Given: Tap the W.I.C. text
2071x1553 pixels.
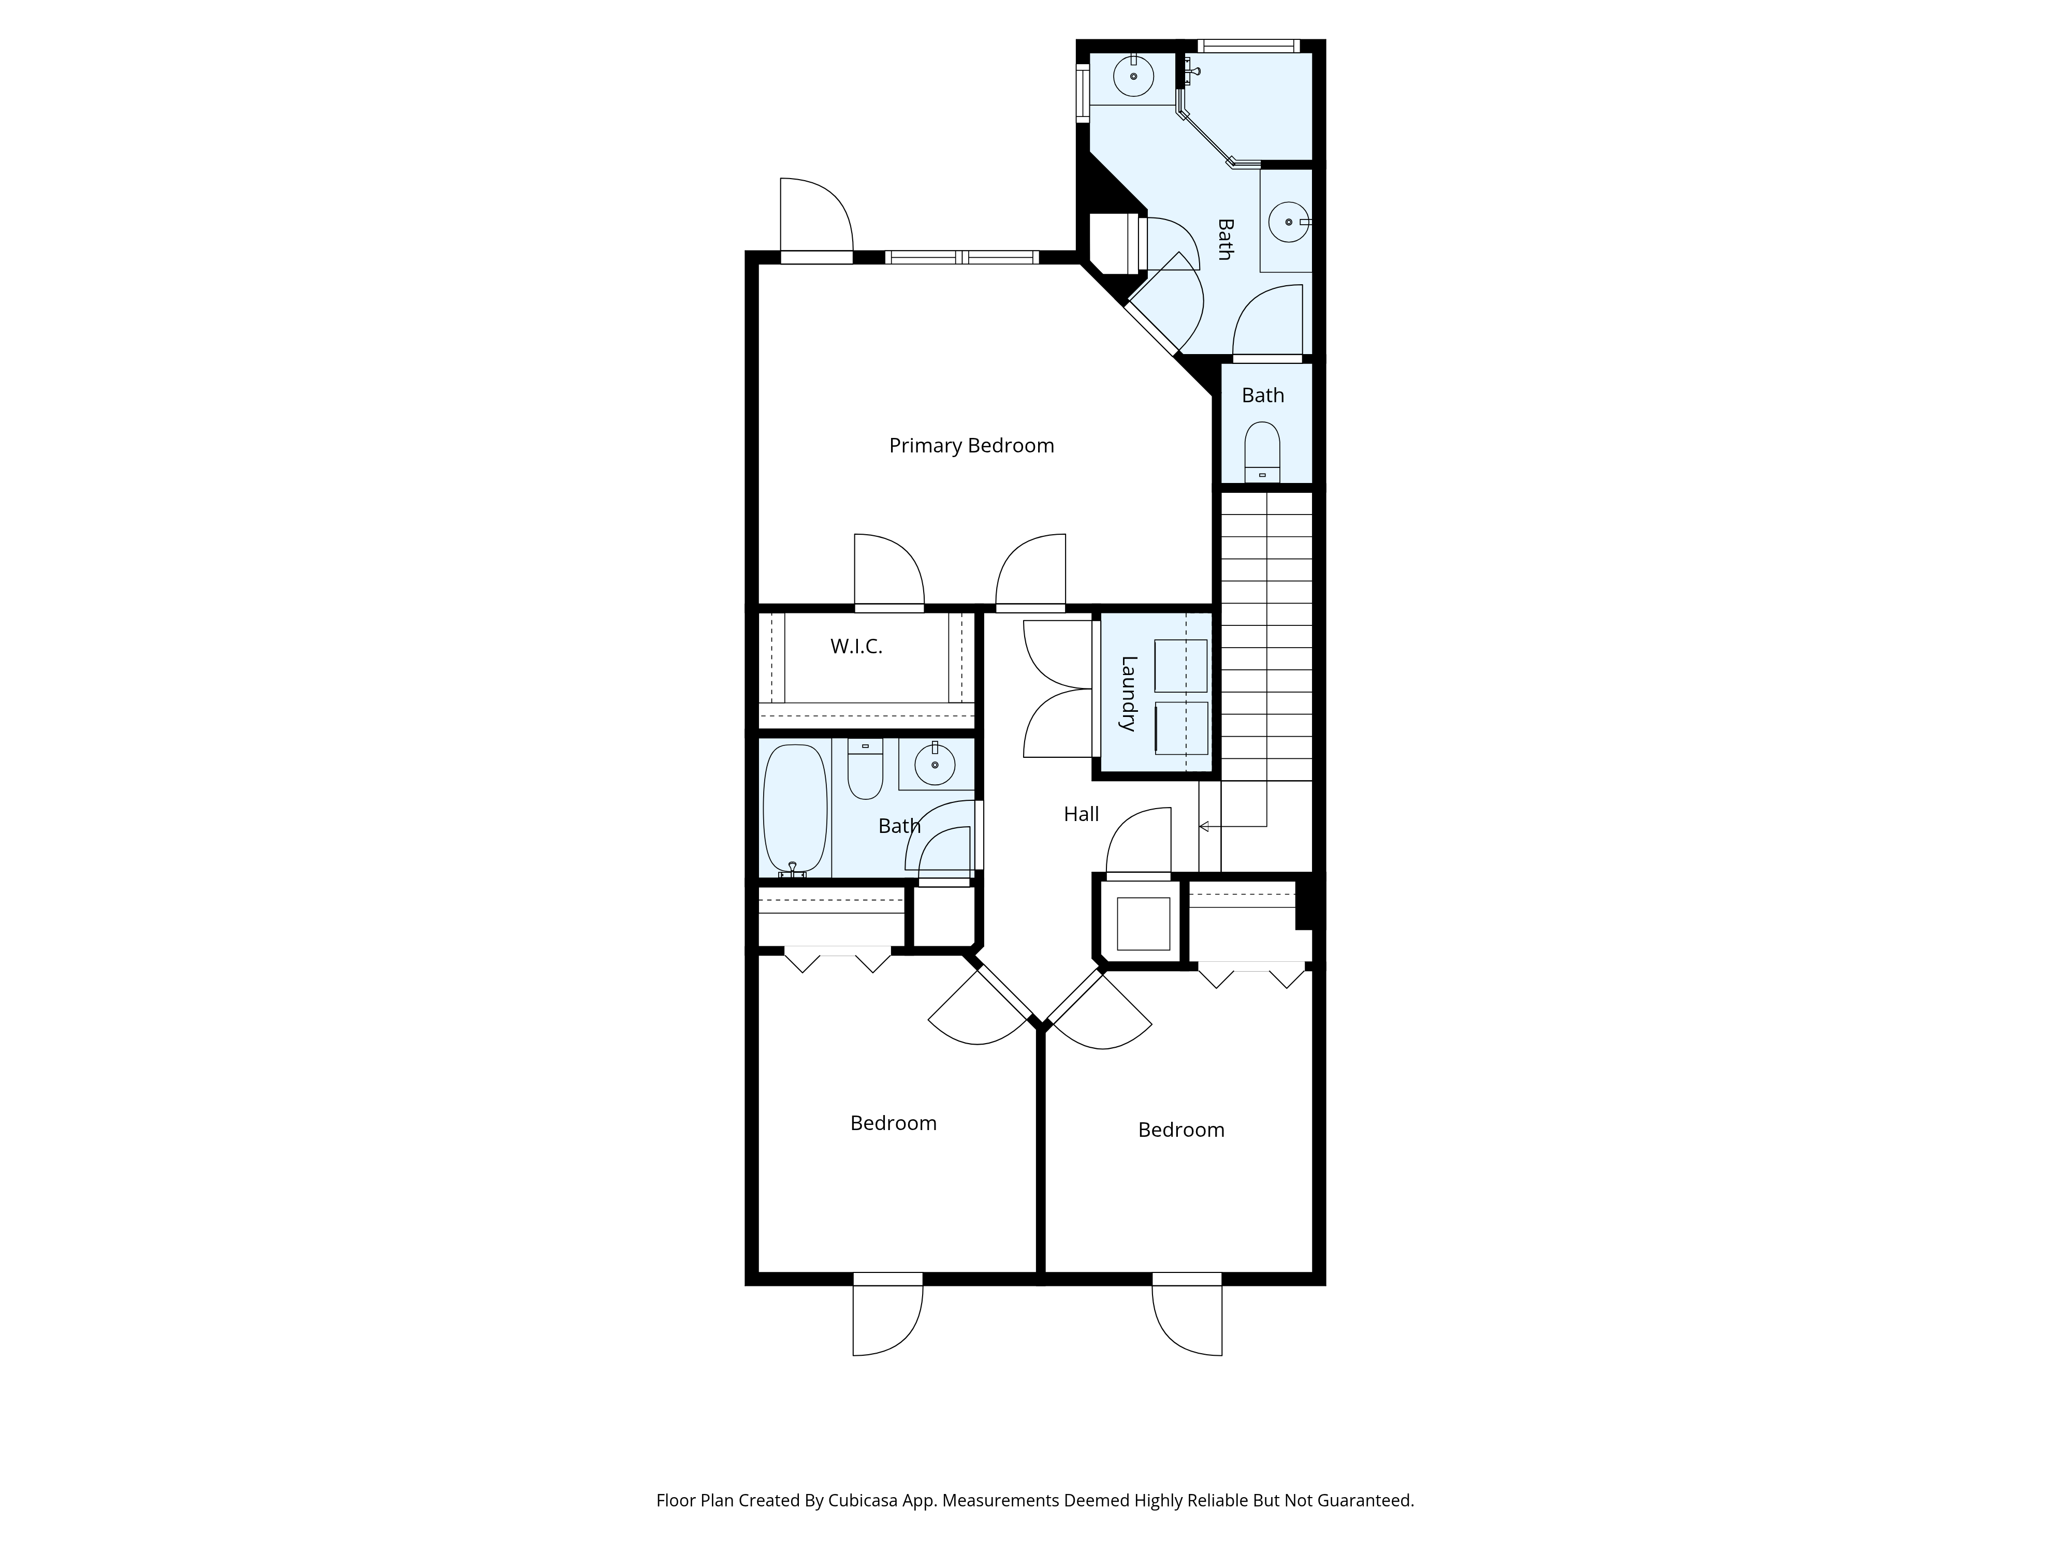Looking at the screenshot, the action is (856, 646).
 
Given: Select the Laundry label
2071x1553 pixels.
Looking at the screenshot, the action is (1129, 694).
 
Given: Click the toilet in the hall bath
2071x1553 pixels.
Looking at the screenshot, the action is (865, 769).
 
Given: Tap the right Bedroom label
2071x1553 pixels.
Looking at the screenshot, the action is (1180, 1130).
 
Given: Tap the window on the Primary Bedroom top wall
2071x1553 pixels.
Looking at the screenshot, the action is (962, 256).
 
